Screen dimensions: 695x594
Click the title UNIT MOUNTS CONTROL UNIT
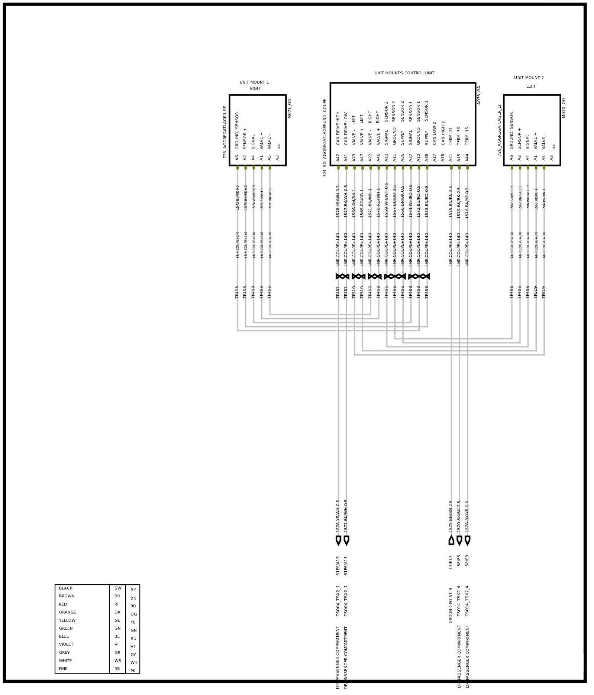(x=404, y=73)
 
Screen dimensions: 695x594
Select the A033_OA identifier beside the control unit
(x=479, y=95)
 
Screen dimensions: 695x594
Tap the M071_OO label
(x=290, y=108)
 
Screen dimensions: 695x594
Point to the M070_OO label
(x=564, y=108)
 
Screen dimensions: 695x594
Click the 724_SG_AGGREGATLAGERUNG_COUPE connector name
(x=325, y=137)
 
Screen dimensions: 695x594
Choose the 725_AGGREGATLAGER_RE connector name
(x=225, y=132)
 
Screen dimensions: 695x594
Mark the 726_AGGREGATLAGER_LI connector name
(x=499, y=130)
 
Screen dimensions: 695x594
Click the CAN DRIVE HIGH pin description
(x=338, y=128)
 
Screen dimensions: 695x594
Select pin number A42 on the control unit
(x=338, y=157)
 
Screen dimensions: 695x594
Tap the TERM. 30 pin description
(x=459, y=136)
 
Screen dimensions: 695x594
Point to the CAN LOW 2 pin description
(x=435, y=133)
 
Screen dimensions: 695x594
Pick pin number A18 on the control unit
(x=443, y=157)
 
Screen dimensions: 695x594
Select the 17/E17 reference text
(x=451, y=563)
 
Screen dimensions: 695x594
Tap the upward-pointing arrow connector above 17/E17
(x=451, y=540)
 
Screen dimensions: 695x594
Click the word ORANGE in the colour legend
(x=67, y=612)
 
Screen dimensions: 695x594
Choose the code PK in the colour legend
(x=133, y=671)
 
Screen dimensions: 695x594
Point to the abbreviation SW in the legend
(x=117, y=588)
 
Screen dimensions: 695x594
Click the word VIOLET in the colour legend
(x=66, y=644)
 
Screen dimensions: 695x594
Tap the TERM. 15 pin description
(x=467, y=136)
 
